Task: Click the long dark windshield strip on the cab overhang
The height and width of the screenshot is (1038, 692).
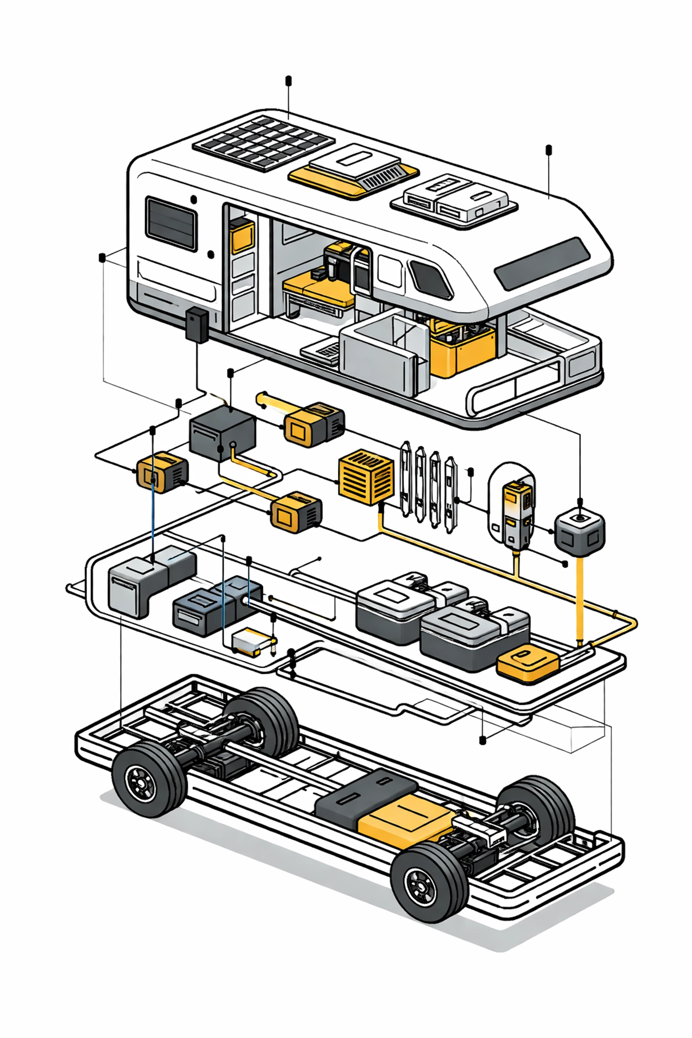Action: [542, 264]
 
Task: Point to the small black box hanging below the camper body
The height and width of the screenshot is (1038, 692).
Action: [197, 324]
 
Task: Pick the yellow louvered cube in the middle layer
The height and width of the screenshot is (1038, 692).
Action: [365, 476]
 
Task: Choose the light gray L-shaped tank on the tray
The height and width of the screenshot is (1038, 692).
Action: [135, 586]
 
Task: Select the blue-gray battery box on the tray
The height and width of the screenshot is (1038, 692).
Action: [212, 606]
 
